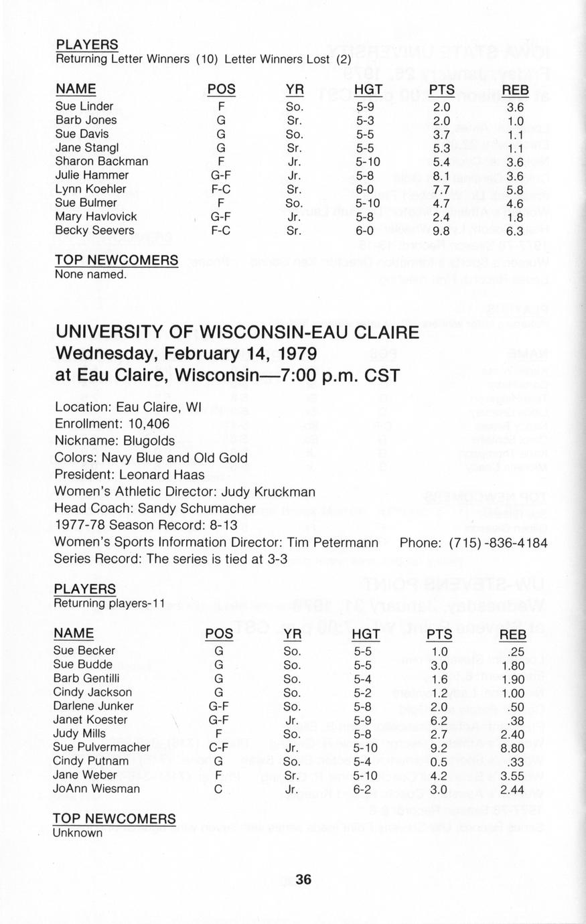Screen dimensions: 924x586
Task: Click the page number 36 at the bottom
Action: click(x=303, y=879)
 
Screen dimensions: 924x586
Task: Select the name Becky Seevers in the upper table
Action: click(x=94, y=230)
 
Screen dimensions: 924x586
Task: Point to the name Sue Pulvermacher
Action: click(x=102, y=747)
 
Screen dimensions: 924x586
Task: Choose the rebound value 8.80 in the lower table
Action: click(x=512, y=747)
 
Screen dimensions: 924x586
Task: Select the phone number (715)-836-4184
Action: click(x=498, y=542)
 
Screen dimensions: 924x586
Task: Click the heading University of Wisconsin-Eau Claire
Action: click(x=237, y=332)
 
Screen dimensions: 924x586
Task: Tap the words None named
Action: click(x=90, y=274)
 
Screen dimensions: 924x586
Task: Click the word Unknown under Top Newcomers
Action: click(x=78, y=833)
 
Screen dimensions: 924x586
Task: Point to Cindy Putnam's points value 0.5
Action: click(x=439, y=761)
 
